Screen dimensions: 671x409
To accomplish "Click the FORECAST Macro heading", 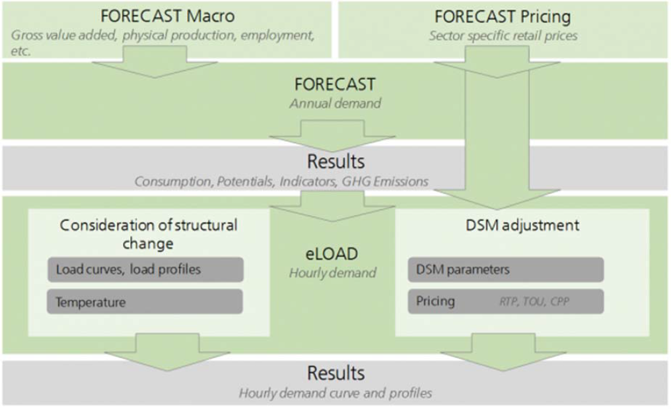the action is (x=167, y=16).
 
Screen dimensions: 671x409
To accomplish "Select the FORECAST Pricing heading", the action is (x=503, y=17).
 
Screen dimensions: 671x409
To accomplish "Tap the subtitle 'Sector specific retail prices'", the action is (x=503, y=36).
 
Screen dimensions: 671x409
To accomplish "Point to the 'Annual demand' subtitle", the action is (x=335, y=104).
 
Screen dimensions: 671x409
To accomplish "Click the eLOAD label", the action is (x=332, y=254).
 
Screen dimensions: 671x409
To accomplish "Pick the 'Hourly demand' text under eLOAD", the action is (x=332, y=273).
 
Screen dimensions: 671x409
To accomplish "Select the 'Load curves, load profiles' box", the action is (x=145, y=270).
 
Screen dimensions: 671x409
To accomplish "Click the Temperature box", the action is (x=145, y=301).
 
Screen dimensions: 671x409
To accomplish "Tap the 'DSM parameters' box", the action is (x=505, y=270).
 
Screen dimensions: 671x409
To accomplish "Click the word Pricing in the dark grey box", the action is (x=435, y=301).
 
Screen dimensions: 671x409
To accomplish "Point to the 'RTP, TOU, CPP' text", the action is (x=534, y=301).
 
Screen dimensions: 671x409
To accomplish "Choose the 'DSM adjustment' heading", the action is (x=522, y=225).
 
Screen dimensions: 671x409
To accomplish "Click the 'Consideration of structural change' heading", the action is (x=148, y=234).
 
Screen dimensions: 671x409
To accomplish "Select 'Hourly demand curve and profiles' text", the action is (x=335, y=393).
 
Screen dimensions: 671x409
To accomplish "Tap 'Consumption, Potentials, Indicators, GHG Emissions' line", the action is (x=281, y=181).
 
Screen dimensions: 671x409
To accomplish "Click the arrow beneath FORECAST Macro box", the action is (x=155, y=62).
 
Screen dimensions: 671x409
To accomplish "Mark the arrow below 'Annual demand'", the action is (x=332, y=136).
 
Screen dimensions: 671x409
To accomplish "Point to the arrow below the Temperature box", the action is (x=167, y=352).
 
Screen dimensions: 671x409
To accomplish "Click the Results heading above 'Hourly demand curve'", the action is (x=336, y=373).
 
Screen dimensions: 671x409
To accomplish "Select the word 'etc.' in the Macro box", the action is (x=20, y=51).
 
